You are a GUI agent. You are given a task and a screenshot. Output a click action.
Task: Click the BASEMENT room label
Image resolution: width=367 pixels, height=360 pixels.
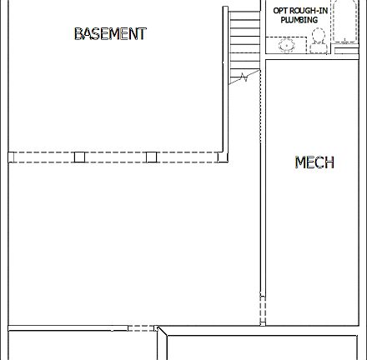click(x=110, y=34)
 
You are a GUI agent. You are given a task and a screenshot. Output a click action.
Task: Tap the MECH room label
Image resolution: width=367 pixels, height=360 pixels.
click(x=314, y=162)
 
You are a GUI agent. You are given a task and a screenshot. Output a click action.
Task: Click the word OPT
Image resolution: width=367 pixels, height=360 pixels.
click(x=280, y=11)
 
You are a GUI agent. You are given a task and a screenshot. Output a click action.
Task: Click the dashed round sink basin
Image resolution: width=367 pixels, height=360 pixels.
click(x=286, y=46)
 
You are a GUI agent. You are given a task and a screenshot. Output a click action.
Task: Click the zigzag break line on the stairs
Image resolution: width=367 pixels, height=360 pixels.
click(x=241, y=77)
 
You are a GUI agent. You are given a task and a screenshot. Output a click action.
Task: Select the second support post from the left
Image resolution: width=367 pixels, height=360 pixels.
click(x=79, y=157)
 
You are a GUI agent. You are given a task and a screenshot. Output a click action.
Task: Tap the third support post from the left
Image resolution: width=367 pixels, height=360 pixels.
click(x=151, y=157)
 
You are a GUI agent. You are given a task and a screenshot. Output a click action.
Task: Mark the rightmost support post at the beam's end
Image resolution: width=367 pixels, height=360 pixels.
click(x=221, y=156)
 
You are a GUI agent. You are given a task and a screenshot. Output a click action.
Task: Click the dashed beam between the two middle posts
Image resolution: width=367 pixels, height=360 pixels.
click(x=115, y=157)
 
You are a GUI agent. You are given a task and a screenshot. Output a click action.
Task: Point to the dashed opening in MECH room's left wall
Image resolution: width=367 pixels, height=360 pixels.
click(x=263, y=308)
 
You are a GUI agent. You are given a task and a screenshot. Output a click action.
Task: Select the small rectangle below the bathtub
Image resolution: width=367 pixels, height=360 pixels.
click(x=345, y=52)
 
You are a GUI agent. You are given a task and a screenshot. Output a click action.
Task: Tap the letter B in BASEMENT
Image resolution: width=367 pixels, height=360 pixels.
click(x=78, y=34)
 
